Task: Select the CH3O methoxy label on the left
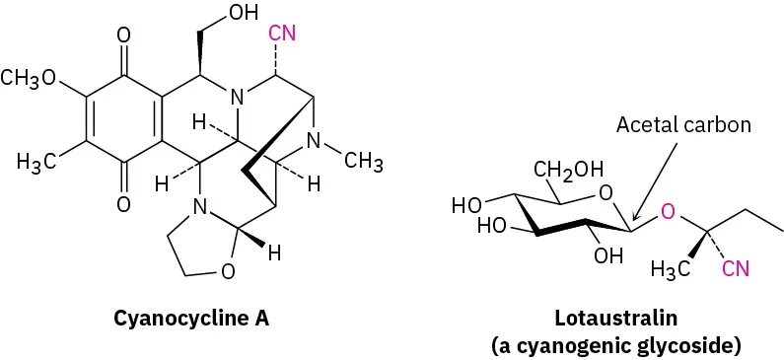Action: click(x=30, y=79)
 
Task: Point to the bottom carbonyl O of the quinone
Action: click(x=123, y=204)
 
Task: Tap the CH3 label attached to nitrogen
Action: click(x=364, y=163)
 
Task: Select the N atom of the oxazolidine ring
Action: click(x=200, y=208)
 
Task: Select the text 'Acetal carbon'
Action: click(x=683, y=125)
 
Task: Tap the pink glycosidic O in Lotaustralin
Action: click(x=668, y=212)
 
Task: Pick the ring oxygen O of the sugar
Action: click(x=605, y=192)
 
